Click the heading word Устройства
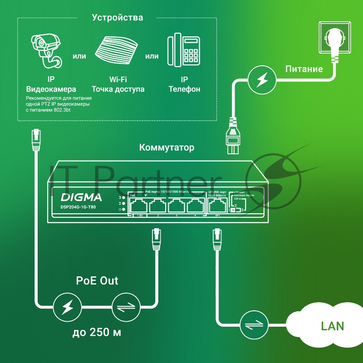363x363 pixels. coord(118,18)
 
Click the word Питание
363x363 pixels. coord(304,69)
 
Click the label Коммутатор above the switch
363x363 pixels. coord(167,147)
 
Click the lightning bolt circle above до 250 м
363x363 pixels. coord(66,308)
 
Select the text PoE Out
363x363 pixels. coord(97,280)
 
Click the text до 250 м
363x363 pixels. coord(97,334)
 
